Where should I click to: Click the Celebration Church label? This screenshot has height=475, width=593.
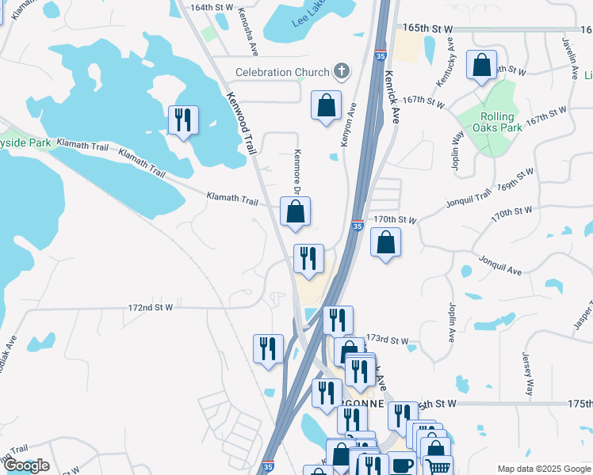click(281, 73)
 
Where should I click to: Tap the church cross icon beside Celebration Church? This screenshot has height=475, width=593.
click(342, 72)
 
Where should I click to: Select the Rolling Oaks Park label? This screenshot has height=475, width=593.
click(497, 120)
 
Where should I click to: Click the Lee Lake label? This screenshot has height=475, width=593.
click(308, 17)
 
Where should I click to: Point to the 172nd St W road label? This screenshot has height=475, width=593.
click(151, 306)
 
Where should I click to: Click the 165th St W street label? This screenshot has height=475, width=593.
click(427, 28)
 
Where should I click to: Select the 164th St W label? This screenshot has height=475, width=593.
click(212, 7)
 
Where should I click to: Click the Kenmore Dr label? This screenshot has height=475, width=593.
click(299, 169)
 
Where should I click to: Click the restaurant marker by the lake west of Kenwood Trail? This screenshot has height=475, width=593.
click(184, 120)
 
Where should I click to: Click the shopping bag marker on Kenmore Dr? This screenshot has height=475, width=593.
click(295, 211)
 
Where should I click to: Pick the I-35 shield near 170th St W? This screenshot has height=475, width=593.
click(358, 226)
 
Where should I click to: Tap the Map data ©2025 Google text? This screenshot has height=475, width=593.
click(543, 468)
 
